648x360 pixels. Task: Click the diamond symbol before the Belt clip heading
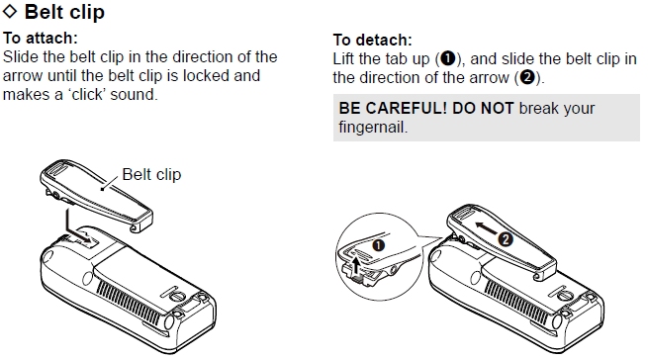(10, 11)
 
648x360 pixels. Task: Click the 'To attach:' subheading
(41, 38)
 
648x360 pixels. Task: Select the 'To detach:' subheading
(372, 41)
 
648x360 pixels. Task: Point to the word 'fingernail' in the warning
(371, 127)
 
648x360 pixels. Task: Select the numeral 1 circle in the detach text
(447, 58)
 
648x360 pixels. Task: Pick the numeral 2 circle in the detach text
(527, 77)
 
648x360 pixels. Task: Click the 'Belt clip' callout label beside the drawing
(151, 174)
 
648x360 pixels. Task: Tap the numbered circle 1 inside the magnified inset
(379, 245)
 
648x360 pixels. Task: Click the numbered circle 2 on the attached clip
(506, 239)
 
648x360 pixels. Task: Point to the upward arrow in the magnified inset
(356, 265)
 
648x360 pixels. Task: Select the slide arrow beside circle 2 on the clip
(485, 228)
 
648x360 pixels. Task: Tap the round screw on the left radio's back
(178, 296)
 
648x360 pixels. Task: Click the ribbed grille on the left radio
(129, 303)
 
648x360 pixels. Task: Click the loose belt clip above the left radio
(96, 195)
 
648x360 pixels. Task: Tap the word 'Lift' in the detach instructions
(344, 59)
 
